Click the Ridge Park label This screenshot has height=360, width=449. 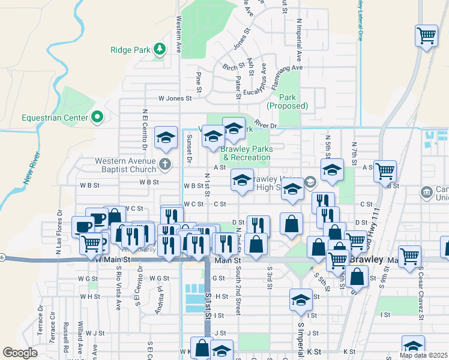click(130, 50)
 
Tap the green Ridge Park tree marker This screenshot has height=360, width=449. click(159, 49)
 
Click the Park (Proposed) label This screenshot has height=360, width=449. click(289, 101)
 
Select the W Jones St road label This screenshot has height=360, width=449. click(174, 98)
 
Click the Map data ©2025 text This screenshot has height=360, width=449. click(424, 355)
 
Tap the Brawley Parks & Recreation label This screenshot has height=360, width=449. click(246, 153)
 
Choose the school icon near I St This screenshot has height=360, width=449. click(301, 299)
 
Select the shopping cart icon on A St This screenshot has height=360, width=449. click(385, 170)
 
